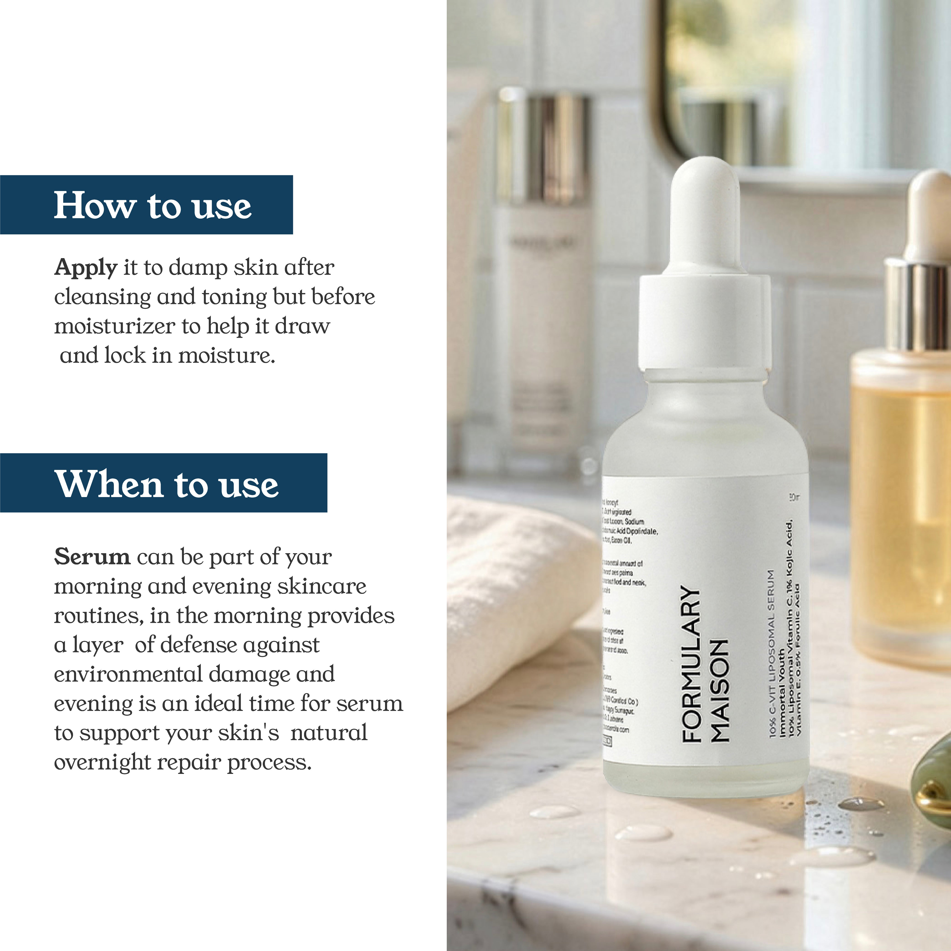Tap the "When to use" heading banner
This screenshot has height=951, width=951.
click(x=163, y=483)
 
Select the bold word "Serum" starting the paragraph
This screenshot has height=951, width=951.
click(x=92, y=557)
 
